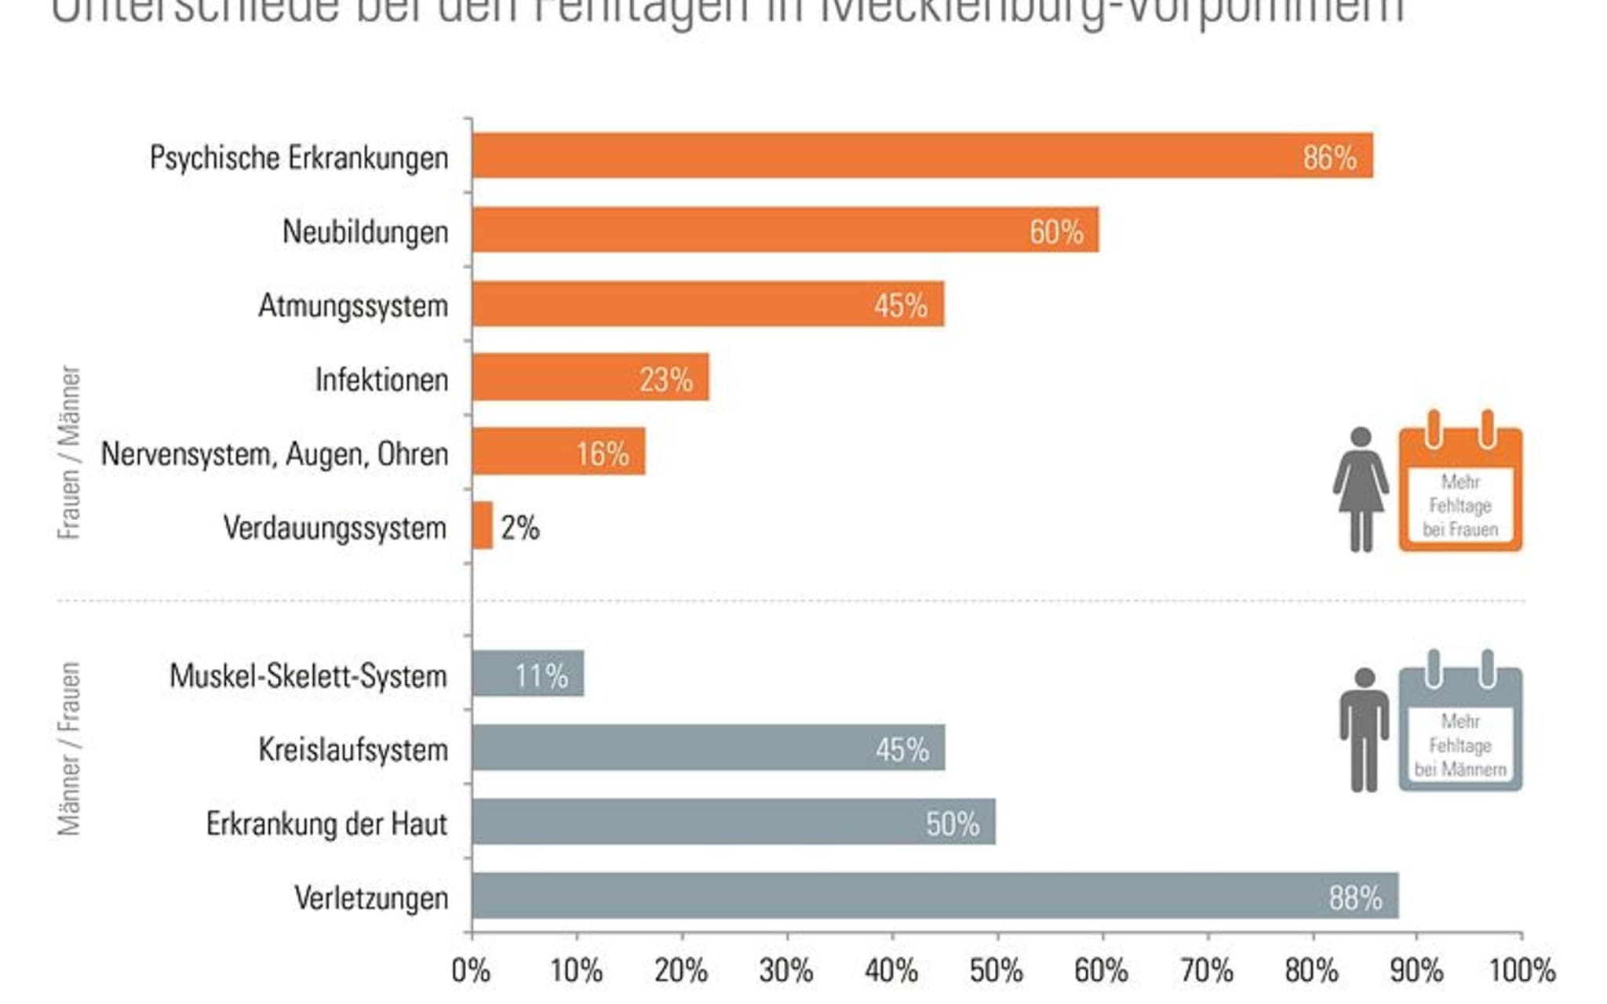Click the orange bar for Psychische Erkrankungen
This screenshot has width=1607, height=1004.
922,155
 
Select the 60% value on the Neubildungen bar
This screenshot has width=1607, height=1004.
1056,232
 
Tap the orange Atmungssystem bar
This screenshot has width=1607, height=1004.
708,304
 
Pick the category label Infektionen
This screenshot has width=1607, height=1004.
381,380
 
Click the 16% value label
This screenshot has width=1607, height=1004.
603,454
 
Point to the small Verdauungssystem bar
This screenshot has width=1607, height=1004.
483,526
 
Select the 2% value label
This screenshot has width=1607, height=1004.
520,528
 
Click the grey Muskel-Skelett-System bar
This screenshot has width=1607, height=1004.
527,673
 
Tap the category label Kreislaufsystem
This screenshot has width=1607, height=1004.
353,750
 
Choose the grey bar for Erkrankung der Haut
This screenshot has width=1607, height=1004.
734,822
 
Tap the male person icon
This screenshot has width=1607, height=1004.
1364,729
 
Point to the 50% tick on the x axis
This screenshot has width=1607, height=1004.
997,971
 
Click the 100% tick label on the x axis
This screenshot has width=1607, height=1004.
1521,971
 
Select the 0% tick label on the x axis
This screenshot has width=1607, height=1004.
472,971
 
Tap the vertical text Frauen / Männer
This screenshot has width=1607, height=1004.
70,452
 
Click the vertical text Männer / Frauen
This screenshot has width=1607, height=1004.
70,748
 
